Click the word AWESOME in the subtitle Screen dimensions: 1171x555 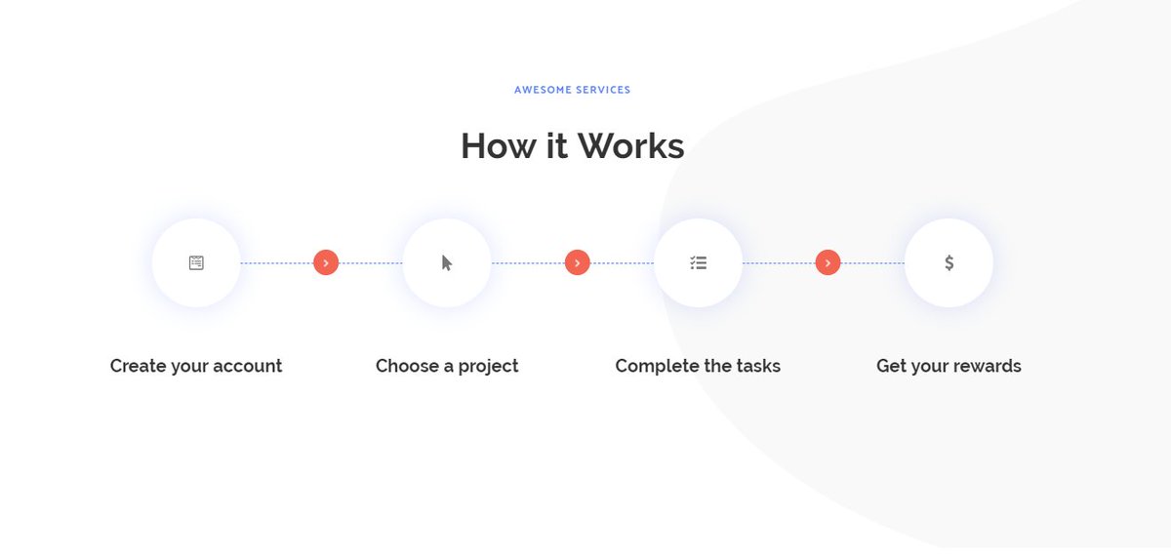click(544, 90)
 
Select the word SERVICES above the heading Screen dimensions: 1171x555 click(603, 90)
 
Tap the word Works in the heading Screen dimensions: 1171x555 click(631, 145)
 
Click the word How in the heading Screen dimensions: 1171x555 click(499, 145)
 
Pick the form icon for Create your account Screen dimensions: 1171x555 click(196, 262)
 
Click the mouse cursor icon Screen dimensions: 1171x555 click(447, 262)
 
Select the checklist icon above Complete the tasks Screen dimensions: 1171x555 click(698, 262)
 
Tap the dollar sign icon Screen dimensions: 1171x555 click(949, 262)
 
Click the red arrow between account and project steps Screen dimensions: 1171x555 click(326, 262)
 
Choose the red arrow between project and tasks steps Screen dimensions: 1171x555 click(577, 262)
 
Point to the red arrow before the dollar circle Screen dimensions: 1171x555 click(828, 262)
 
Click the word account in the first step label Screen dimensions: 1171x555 click(247, 366)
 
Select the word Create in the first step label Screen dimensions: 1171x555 click(138, 366)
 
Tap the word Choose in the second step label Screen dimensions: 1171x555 click(407, 366)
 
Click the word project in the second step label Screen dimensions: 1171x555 click(488, 367)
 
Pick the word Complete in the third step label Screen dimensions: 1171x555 click(655, 367)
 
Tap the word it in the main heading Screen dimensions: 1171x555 click(557, 145)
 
